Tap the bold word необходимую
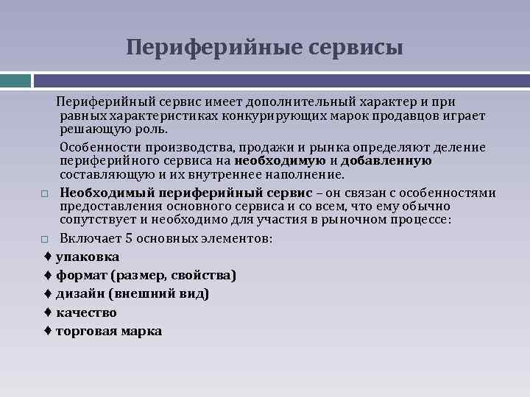click(x=280, y=161)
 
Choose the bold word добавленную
click(x=386, y=161)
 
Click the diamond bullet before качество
click(x=47, y=312)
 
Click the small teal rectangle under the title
click(x=15, y=80)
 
